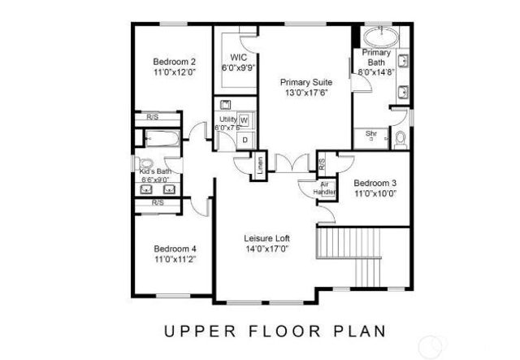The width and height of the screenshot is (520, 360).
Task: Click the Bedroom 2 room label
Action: [175, 61]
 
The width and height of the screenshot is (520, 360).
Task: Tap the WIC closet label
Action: [238, 57]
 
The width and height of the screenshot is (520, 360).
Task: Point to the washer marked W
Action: [244, 121]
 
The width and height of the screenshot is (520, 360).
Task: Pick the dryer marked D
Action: [245, 140]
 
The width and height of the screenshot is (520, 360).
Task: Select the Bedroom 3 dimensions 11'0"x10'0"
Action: [379, 193]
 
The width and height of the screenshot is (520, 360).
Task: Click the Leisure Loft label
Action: [267, 238]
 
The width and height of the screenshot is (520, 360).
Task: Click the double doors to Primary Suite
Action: [288, 163]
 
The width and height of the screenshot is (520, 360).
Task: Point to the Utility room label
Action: [227, 119]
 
